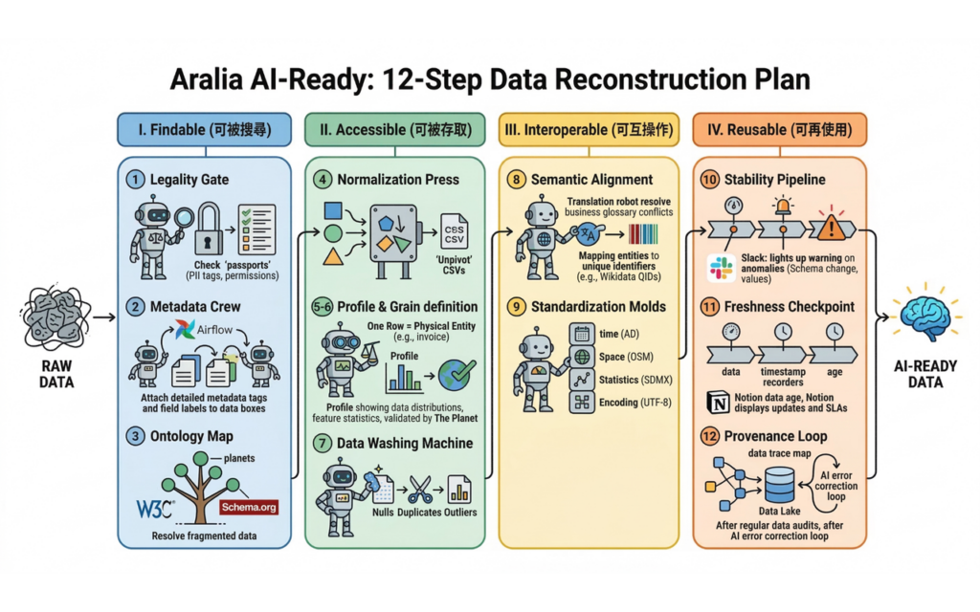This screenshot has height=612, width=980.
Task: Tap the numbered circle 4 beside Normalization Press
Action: (x=323, y=180)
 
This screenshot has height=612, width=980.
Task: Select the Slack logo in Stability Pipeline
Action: (x=722, y=269)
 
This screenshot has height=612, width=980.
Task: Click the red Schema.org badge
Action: (x=249, y=507)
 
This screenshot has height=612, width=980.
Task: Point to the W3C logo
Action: (x=155, y=509)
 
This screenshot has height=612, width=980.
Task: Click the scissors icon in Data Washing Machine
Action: (x=420, y=489)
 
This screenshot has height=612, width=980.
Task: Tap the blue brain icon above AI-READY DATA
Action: (x=926, y=318)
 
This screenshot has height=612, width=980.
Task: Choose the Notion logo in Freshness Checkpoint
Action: (x=718, y=403)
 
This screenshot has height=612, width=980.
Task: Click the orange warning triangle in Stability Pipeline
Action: (x=831, y=228)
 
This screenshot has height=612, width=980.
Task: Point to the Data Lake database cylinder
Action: (x=780, y=485)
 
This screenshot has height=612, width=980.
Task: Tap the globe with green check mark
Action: (x=457, y=375)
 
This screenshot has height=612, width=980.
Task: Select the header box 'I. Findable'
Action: (x=205, y=130)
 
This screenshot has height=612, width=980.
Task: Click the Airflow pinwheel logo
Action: (x=185, y=329)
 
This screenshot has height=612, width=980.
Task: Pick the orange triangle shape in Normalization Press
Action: (x=333, y=256)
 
